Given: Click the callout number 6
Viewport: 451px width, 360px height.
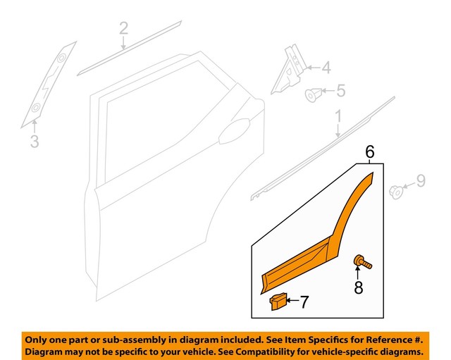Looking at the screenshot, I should pos(369,150).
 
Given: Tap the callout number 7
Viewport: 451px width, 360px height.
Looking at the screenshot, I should pos(304,302).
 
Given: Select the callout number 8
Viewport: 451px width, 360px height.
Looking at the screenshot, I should pos(359,287).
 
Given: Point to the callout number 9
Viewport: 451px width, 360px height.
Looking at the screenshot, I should pos(421,182).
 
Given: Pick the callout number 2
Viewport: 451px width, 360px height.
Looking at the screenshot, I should pos(123,29).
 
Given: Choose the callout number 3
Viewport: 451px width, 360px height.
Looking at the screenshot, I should pos(34,142).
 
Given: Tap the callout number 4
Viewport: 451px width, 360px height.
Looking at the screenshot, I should pos(326,68).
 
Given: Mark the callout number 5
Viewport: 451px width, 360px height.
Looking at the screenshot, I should pos(340,91).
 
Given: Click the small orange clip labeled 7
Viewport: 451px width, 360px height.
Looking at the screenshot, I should pos(278,302).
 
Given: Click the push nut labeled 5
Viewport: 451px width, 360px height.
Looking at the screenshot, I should pos(313,93).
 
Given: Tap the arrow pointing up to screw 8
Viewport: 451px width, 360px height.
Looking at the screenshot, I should pos(359,272).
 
